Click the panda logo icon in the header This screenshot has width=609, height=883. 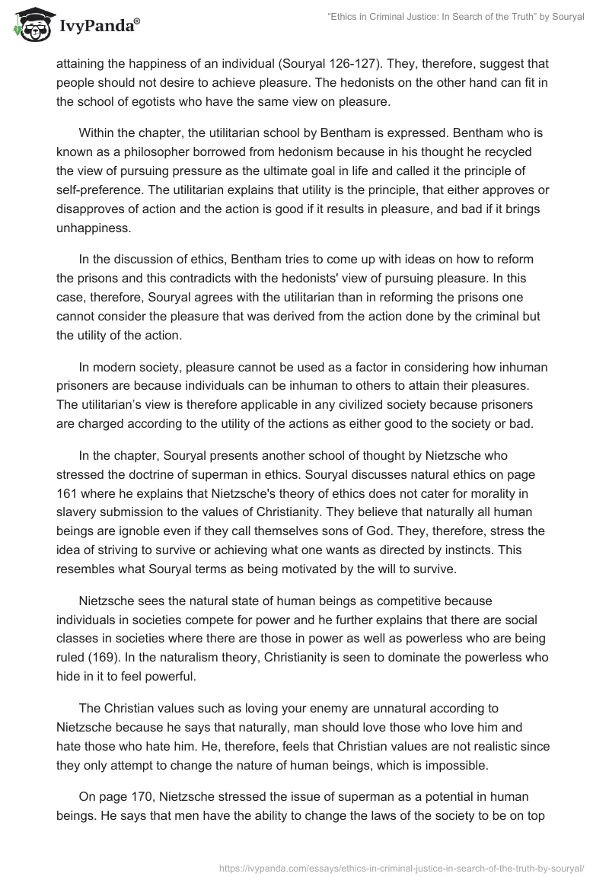tap(30, 23)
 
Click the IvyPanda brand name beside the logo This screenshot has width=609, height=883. tap(97, 26)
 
